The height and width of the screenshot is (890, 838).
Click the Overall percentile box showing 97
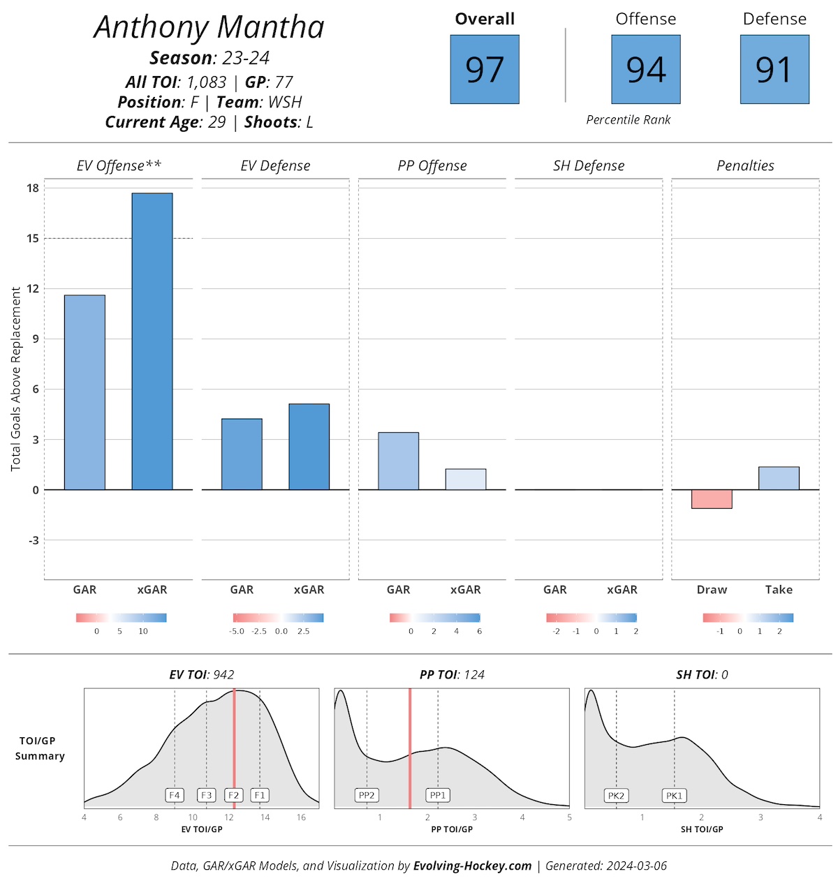(485, 70)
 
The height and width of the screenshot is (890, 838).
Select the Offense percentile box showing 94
(646, 70)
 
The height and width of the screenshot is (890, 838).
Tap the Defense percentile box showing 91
(774, 70)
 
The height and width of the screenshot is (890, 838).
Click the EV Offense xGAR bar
(152, 341)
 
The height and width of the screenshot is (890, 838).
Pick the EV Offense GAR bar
(84, 392)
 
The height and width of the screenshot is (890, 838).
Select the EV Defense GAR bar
(242, 454)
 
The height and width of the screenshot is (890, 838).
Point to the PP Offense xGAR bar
(466, 480)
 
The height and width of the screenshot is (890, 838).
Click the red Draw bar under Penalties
(712, 499)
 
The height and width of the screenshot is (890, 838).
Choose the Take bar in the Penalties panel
(779, 478)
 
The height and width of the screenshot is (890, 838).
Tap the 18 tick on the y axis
(33, 188)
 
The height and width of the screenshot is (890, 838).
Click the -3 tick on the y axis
(33, 540)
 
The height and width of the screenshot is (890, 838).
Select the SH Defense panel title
(589, 165)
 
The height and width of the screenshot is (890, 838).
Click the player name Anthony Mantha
(209, 28)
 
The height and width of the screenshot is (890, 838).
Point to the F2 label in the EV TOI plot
(233, 795)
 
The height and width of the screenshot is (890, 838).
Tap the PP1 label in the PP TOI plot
(438, 795)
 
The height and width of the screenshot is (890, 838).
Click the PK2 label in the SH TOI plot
(616, 796)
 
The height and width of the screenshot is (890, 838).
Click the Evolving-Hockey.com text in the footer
(473, 866)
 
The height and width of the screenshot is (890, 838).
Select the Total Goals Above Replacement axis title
(16, 379)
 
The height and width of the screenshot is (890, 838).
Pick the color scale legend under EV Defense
(278, 618)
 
